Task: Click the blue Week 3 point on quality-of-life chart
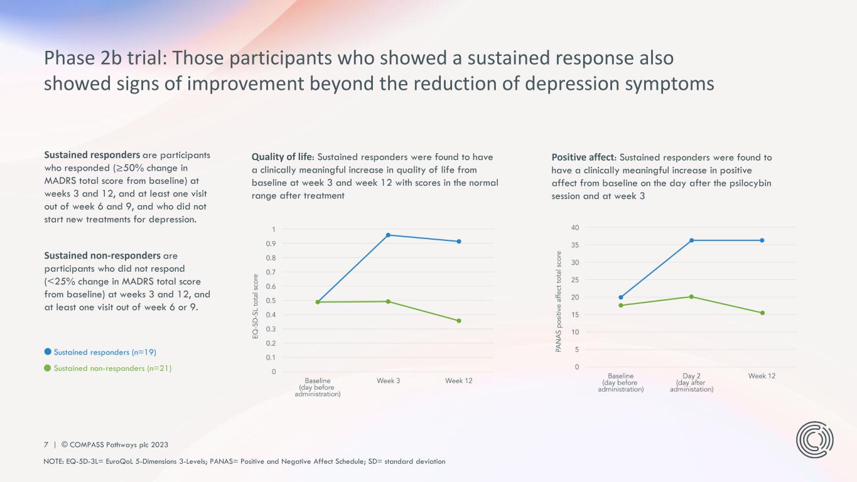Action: [x=388, y=235]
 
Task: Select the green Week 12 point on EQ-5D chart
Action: [x=459, y=321]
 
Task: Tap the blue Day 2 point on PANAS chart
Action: [x=691, y=240]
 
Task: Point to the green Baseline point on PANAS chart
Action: [x=621, y=306]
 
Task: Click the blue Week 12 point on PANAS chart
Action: [x=762, y=240]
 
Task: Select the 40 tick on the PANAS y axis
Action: [x=575, y=227]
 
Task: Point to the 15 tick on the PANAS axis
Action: [x=575, y=314]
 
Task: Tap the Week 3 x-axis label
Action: [x=389, y=381]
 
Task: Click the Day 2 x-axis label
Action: [x=691, y=376]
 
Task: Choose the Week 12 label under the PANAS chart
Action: [x=762, y=376]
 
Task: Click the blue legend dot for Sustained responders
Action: [x=47, y=351]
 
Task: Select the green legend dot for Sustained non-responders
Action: [x=47, y=368]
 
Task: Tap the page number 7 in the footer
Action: [x=46, y=444]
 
